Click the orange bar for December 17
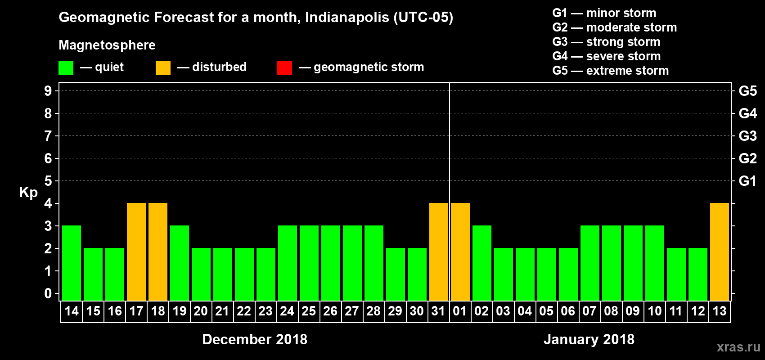click(x=136, y=252)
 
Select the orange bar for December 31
click(x=439, y=252)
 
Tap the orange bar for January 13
click(x=720, y=252)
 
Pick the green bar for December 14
click(x=72, y=263)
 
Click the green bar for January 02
click(x=482, y=263)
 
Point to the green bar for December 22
click(x=244, y=274)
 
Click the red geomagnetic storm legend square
click(x=284, y=68)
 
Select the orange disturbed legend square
click(x=163, y=68)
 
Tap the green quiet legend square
click(x=66, y=68)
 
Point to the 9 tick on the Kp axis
click(x=48, y=91)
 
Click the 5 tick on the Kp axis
click(x=48, y=181)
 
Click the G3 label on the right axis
click(x=747, y=136)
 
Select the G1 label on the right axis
click(x=747, y=181)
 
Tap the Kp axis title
click(x=28, y=193)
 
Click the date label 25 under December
click(x=309, y=311)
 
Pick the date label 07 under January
click(x=589, y=311)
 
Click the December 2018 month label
click(x=255, y=339)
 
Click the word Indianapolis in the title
click(x=346, y=18)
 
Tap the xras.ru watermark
click(x=738, y=347)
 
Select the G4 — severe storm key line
click(x=606, y=56)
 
